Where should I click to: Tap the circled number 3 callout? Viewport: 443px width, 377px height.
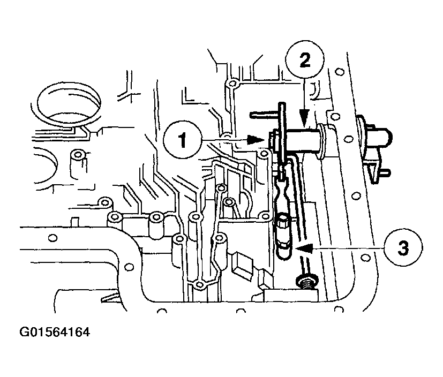tap(403, 248)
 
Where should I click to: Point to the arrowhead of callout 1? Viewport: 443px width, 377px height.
tap(256, 139)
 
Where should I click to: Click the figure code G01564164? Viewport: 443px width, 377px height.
tap(55, 332)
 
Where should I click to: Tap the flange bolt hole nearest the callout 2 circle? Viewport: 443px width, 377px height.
tap(341, 72)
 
